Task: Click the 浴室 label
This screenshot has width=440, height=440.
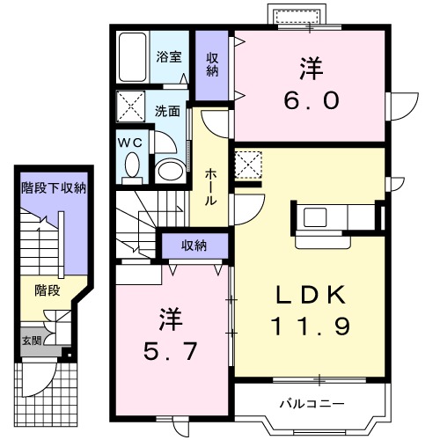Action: [170, 57]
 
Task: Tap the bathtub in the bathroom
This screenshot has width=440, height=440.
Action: [135, 57]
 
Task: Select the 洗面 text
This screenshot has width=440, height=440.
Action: [168, 112]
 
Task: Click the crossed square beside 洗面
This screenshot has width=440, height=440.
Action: [134, 108]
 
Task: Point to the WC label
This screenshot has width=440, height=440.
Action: [129, 142]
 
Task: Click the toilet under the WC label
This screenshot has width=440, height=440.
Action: [132, 165]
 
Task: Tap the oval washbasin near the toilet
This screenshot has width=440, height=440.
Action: [168, 170]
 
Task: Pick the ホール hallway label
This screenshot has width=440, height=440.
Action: [211, 187]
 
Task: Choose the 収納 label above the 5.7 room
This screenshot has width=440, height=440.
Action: [194, 246]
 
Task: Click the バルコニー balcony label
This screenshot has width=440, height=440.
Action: [312, 404]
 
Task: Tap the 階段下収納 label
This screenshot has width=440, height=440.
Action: [54, 187]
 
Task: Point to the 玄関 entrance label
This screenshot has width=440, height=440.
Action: [30, 341]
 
